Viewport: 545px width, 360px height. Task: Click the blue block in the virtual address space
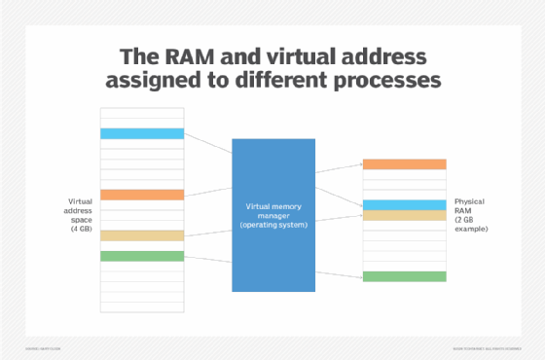tap(141, 133)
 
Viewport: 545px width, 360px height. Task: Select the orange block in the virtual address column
tap(141, 195)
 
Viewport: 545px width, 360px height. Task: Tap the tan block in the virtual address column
tap(141, 235)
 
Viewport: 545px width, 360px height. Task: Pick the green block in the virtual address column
tap(141, 256)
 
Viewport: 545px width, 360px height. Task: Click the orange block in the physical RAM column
tap(404, 164)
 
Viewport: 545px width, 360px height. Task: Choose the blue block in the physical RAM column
tap(404, 205)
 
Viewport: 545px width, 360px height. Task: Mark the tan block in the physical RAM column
tap(404, 215)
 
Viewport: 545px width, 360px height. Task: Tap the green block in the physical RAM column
tap(404, 276)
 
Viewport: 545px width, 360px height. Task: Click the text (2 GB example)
tap(471, 225)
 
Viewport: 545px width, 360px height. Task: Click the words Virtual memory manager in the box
tap(273, 209)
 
